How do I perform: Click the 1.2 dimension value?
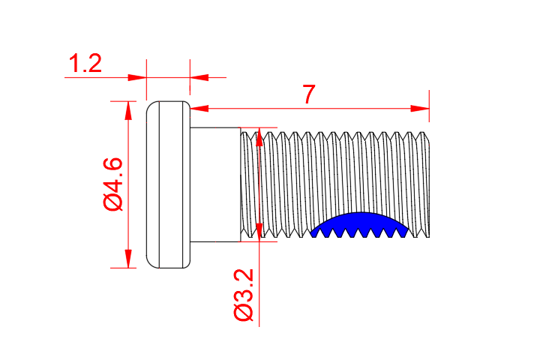(85, 64)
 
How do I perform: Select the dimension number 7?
(308, 95)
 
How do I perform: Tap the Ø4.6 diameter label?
(112, 184)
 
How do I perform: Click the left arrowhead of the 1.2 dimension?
(137, 76)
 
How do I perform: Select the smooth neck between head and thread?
(214, 184)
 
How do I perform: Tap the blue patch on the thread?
(360, 225)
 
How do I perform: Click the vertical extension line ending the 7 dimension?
(429, 105)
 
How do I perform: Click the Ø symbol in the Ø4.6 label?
(112, 203)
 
